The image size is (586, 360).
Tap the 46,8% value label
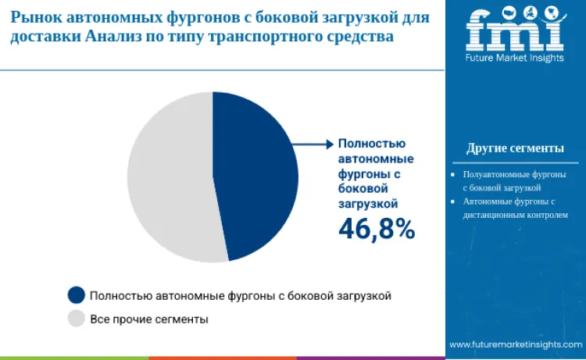[x=376, y=228]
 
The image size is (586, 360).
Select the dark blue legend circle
[x=76, y=295]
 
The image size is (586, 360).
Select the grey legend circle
[x=76, y=319]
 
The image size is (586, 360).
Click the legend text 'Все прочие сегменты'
[x=149, y=319]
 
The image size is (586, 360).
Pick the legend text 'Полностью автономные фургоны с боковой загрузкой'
[x=241, y=296]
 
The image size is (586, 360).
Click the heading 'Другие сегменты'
[x=515, y=148]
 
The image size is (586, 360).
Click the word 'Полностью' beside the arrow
[x=371, y=144]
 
